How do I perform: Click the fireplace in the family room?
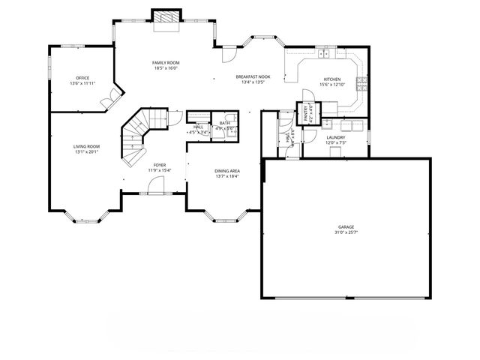(x=166, y=18)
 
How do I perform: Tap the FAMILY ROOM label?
(x=166, y=63)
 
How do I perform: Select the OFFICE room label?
(x=82, y=78)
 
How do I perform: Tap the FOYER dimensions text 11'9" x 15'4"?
(x=159, y=170)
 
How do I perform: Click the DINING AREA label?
(x=227, y=171)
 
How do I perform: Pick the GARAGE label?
(x=346, y=226)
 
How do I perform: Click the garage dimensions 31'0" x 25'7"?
(x=346, y=232)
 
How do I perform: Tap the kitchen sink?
(x=326, y=53)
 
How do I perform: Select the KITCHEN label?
(x=331, y=79)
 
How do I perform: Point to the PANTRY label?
(x=306, y=112)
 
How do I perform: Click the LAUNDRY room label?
(x=335, y=138)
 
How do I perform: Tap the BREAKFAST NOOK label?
(x=253, y=76)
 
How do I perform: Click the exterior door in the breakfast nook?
(x=229, y=55)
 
